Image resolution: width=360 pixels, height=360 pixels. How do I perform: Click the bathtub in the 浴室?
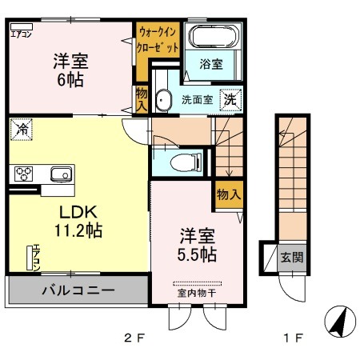coord(214,36)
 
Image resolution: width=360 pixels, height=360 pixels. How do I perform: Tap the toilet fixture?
coord(186,162)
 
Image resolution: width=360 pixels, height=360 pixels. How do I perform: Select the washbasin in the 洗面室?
coord(163,100)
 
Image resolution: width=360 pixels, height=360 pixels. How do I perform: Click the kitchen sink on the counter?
coord(61,174)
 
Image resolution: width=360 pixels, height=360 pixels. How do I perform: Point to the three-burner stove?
coord(24,174)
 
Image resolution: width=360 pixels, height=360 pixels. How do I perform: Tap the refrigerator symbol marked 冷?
coord(22,130)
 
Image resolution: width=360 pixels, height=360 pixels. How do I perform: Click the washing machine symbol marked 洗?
coord(230,100)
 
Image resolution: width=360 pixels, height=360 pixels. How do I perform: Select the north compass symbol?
coord(340,322)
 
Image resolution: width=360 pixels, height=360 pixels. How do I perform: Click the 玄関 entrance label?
coord(292,258)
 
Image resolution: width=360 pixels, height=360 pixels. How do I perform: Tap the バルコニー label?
coord(78,290)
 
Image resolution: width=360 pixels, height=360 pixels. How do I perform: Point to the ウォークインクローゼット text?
coord(158,39)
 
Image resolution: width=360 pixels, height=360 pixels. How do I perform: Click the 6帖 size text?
coord(70,80)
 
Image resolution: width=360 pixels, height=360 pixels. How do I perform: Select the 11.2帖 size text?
coord(78,230)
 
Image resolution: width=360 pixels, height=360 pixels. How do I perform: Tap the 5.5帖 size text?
coord(197,254)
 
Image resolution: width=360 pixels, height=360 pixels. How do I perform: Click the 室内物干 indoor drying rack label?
coord(197,294)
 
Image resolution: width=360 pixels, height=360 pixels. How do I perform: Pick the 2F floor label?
coord(134,338)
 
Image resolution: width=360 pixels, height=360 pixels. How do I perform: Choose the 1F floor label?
coord(294,338)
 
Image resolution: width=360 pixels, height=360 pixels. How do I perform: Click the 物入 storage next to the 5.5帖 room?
coord(229,194)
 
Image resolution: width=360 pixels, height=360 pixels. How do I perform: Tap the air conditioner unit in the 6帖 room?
coord(22,26)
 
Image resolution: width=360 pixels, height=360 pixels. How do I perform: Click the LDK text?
coord(78,212)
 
